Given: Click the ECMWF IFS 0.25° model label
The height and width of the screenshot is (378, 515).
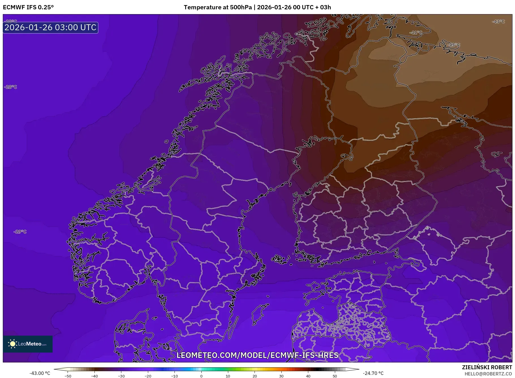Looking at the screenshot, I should [28, 7].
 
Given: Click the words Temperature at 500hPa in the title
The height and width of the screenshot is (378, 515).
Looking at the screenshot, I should [217, 7].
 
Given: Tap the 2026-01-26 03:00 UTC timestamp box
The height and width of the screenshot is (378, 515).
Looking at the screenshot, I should [51, 28].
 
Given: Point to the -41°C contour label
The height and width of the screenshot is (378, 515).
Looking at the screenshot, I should [415, 33].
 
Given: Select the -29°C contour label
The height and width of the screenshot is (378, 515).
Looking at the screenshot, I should [20, 232].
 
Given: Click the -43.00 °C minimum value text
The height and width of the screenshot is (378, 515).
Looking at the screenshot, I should [40, 373].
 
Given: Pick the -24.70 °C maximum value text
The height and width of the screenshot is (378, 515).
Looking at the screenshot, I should [373, 373].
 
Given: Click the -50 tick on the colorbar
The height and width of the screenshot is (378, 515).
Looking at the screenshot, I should [68, 376].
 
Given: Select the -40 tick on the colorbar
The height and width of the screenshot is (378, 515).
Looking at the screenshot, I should [94, 376].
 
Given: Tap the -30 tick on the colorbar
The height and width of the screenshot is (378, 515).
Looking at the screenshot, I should [121, 376].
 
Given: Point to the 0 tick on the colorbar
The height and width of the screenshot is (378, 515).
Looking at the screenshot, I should [201, 376].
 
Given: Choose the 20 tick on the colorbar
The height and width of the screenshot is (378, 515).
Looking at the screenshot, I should [255, 376].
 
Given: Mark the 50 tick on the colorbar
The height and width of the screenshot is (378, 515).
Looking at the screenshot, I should [335, 376].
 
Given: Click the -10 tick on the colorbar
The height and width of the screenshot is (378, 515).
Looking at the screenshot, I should [174, 376].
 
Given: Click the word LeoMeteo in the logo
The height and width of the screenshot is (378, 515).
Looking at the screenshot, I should [30, 344].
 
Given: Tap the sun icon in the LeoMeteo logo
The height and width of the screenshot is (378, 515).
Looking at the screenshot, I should [12, 344].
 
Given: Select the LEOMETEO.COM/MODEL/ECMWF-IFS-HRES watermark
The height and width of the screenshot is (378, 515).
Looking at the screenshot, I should [257, 355].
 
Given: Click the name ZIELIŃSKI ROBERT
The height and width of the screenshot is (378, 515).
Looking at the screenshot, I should [487, 367].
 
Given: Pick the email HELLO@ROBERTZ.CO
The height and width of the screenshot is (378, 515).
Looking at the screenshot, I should [488, 374].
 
